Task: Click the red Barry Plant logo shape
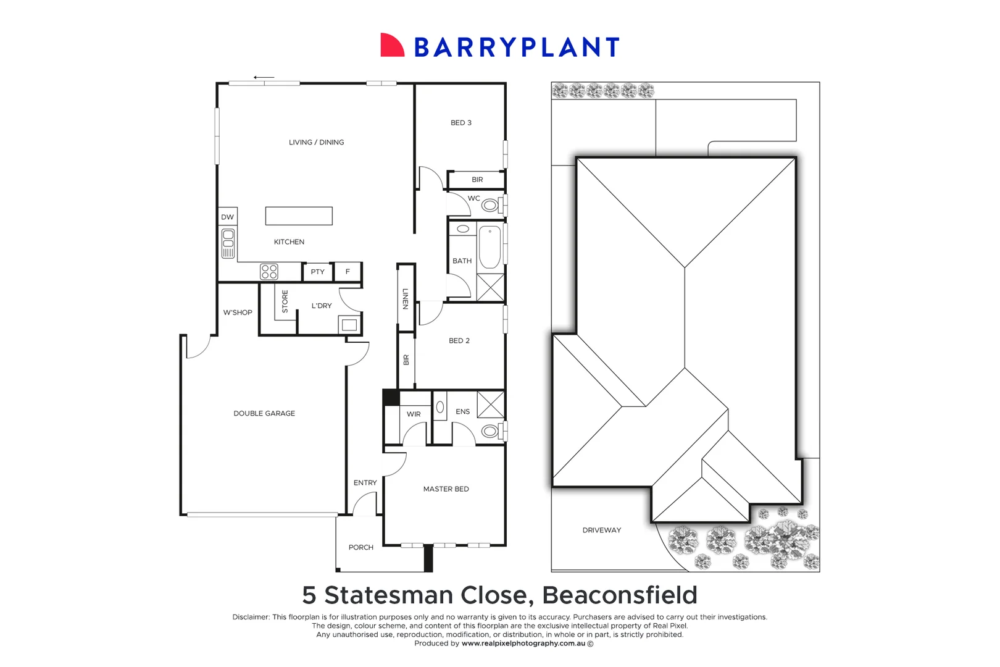point(391,46)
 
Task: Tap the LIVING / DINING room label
point(316,142)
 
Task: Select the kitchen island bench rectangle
point(299,216)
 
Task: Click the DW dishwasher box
point(228,217)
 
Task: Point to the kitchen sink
point(228,243)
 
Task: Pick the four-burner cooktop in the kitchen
point(269,272)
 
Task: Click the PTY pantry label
point(317,272)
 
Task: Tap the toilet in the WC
point(491,205)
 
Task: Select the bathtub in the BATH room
point(490,247)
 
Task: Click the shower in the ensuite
point(491,405)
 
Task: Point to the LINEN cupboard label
point(406,299)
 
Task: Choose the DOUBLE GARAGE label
point(264,413)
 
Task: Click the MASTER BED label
point(446,489)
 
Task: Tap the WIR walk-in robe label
point(414,414)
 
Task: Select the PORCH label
point(360,547)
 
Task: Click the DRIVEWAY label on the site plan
point(601,530)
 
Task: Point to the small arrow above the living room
point(264,78)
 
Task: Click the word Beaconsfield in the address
point(619,595)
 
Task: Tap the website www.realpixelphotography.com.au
point(523,644)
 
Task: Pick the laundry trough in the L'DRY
point(349,325)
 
